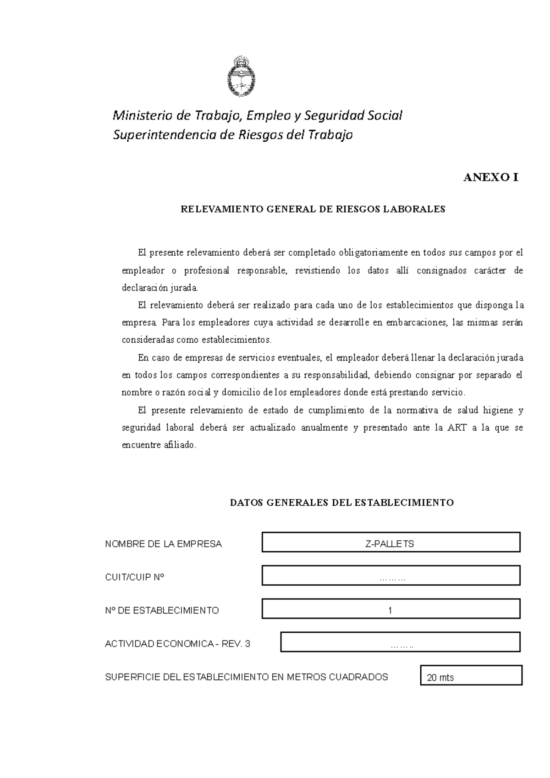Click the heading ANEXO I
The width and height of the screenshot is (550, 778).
pyautogui.click(x=490, y=178)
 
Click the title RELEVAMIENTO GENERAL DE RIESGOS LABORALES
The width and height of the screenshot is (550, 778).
pyautogui.click(x=313, y=209)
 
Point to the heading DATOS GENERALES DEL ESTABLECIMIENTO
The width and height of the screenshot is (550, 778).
pyautogui.click(x=341, y=503)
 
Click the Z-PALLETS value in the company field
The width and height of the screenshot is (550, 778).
pyautogui.click(x=390, y=544)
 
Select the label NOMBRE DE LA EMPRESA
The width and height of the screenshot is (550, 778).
pyautogui.click(x=163, y=544)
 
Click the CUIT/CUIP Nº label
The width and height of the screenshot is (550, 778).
pyautogui.click(x=134, y=577)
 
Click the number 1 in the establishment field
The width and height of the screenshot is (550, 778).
pyautogui.click(x=390, y=611)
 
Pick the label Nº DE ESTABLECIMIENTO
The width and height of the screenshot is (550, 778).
pyautogui.click(x=162, y=611)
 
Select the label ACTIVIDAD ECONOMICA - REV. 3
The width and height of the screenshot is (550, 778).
pyautogui.click(x=178, y=644)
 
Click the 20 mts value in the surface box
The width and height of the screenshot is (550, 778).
pyautogui.click(x=440, y=678)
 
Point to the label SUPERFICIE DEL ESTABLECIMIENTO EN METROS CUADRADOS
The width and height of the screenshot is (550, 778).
pyautogui.click(x=247, y=677)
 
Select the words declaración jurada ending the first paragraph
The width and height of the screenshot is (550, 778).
pyautogui.click(x=160, y=288)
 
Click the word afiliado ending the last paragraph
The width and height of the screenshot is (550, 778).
pyautogui.click(x=179, y=445)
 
